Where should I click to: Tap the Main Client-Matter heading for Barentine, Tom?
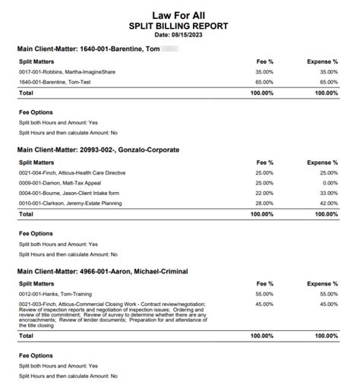click(87, 49)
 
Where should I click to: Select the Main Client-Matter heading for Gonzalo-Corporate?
click(98, 150)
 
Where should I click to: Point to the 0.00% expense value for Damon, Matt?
click(330, 183)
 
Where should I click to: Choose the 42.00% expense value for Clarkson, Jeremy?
click(328, 203)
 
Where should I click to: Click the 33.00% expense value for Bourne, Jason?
click(328, 193)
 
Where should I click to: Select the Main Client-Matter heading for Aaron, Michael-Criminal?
click(102, 271)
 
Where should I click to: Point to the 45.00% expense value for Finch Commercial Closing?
click(328, 304)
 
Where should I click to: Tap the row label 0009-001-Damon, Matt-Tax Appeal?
click(61, 183)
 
